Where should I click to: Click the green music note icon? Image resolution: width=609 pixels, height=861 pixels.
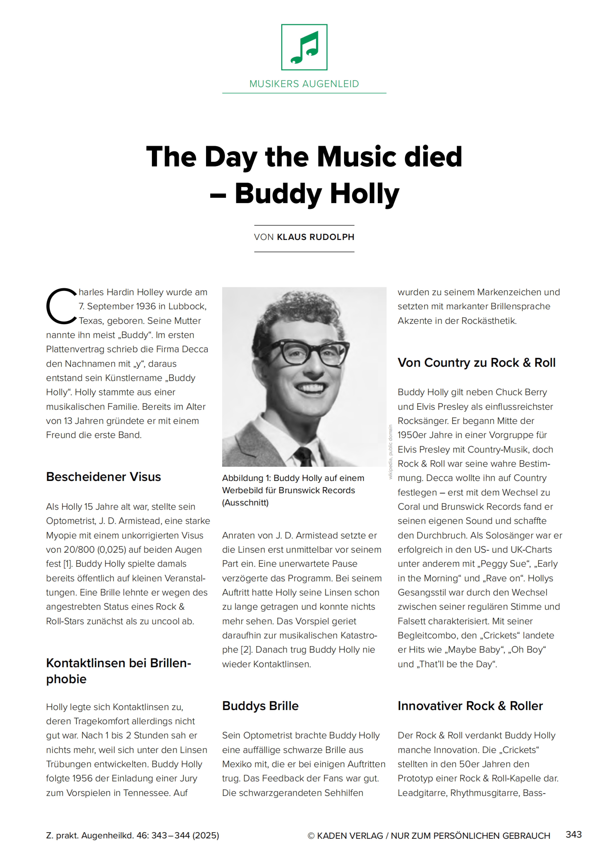click(x=304, y=47)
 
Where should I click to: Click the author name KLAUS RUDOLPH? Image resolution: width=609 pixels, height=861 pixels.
click(x=316, y=237)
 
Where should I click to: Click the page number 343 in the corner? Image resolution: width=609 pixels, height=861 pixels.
click(x=573, y=834)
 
